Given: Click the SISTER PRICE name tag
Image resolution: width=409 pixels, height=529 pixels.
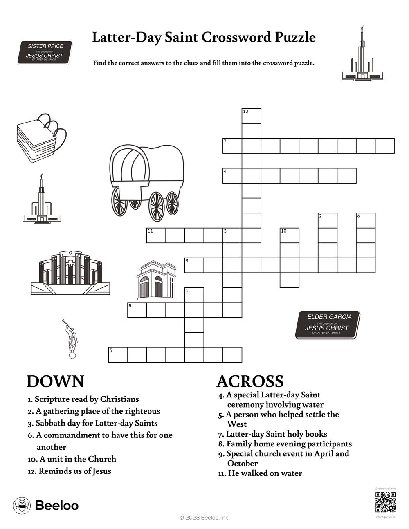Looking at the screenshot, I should click(x=45, y=53).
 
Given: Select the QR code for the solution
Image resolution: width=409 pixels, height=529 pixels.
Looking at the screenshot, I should click(x=385, y=502).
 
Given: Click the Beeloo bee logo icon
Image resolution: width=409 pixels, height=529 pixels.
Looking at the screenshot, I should click(x=22, y=505).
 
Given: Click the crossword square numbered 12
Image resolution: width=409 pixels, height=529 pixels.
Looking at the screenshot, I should click(x=252, y=116).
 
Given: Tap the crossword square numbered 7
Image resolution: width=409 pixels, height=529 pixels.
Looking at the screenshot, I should click(x=232, y=146).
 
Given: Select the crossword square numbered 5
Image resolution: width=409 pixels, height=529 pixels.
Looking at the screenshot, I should click(x=118, y=355).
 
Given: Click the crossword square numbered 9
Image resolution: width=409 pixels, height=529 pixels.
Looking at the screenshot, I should click(x=194, y=265).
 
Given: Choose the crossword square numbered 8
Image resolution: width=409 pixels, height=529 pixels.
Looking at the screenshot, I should click(x=137, y=310).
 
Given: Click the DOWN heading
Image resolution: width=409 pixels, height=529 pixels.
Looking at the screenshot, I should click(x=55, y=381).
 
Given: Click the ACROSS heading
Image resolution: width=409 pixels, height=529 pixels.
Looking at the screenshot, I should click(x=250, y=381).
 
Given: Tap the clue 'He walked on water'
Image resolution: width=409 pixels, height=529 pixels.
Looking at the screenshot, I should click(x=260, y=473).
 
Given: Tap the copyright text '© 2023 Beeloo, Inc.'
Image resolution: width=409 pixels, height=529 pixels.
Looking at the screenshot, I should click(x=204, y=518).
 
